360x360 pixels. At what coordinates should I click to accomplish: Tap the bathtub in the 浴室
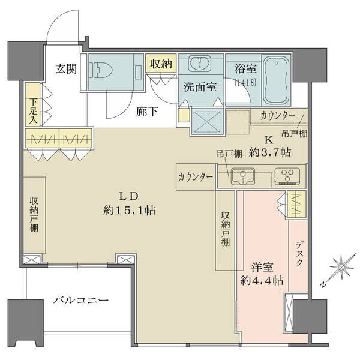276,80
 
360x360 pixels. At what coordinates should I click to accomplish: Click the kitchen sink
242,176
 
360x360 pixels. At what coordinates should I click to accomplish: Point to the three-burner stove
287,176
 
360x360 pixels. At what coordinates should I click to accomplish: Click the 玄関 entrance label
66,68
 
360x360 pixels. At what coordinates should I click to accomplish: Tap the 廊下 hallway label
147,112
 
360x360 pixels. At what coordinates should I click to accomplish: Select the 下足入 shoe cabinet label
33,111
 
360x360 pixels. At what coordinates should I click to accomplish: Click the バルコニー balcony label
81,301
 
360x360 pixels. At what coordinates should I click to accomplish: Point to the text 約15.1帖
129,210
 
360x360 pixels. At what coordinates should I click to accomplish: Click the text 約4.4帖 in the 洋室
262,280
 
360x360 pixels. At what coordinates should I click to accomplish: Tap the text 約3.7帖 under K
270,152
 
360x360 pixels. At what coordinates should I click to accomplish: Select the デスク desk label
299,253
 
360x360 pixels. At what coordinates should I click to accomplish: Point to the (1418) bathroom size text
245,82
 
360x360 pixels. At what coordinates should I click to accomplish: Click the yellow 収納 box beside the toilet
161,63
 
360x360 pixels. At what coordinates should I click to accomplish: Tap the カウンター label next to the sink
195,177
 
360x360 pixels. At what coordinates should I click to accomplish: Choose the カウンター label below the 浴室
278,116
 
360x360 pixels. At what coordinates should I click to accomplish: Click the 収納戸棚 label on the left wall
34,214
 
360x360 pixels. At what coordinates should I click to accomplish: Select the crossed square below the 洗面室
208,122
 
